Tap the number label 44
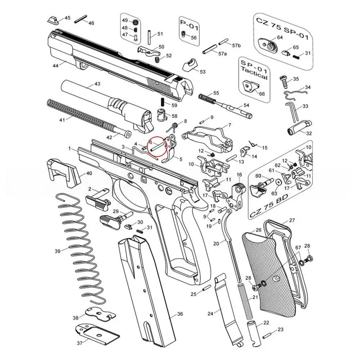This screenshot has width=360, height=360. pos(55,66)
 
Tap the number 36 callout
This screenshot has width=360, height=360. pos(180,314)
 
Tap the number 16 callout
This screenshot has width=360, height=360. pos(239,175)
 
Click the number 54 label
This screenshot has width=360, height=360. pos(246,105)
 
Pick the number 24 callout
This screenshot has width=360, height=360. pos(211,314)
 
